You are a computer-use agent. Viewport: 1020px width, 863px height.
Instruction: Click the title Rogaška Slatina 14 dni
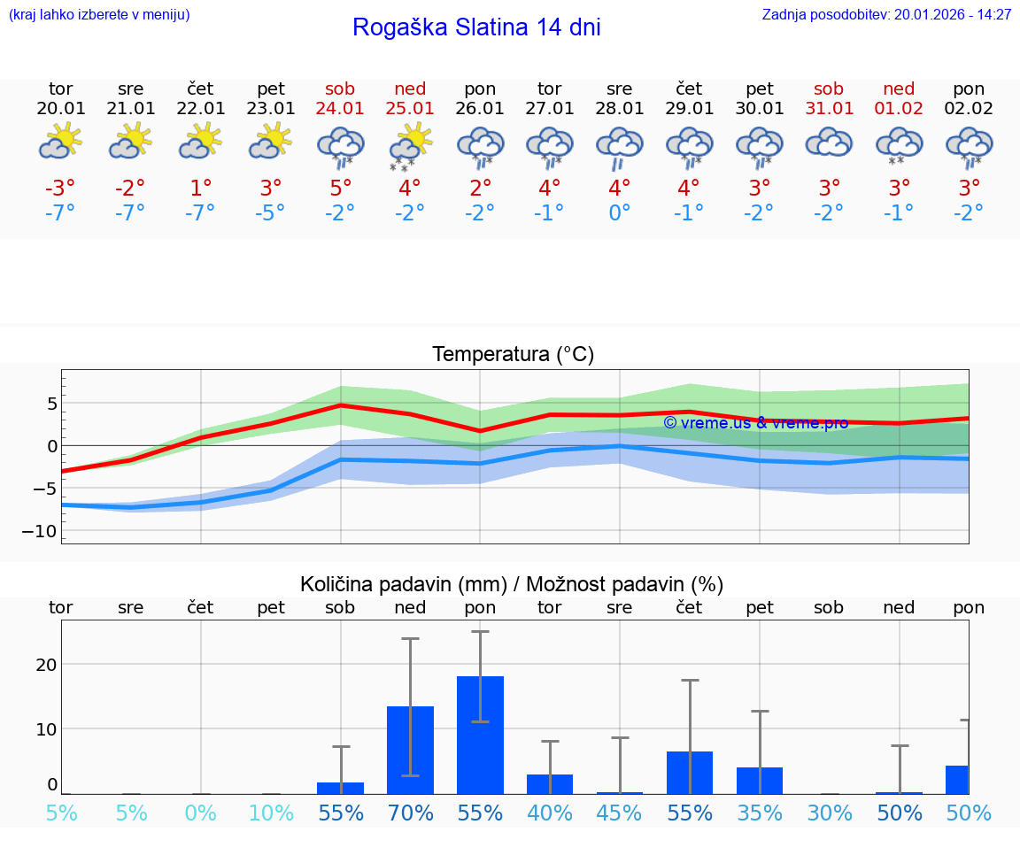[x=476, y=27]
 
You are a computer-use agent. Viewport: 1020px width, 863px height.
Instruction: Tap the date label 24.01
[x=340, y=109]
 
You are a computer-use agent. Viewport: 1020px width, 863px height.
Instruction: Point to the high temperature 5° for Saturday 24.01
[x=340, y=189]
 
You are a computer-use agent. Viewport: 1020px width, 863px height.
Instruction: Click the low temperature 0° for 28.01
[x=619, y=213]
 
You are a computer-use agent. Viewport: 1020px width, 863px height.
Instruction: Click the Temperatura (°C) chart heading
[x=513, y=355]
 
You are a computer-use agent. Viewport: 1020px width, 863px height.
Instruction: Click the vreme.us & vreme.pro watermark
[x=755, y=423]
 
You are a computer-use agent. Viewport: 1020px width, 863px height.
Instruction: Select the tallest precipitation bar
[x=480, y=735]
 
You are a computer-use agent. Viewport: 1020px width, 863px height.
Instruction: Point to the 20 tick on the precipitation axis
[x=46, y=665]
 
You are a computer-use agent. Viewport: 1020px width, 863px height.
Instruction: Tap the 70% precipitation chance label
[x=410, y=813]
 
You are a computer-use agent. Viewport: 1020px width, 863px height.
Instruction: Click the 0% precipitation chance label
[x=200, y=813]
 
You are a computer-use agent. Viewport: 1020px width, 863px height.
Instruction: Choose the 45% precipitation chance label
[x=619, y=813]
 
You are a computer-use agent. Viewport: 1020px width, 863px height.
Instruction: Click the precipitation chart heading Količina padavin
[x=512, y=584]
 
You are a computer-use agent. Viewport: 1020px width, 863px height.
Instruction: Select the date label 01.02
[x=899, y=109]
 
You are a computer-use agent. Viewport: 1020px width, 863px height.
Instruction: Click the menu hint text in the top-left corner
[x=99, y=14]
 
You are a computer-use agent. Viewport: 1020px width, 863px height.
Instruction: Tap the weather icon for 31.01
[x=829, y=143]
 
